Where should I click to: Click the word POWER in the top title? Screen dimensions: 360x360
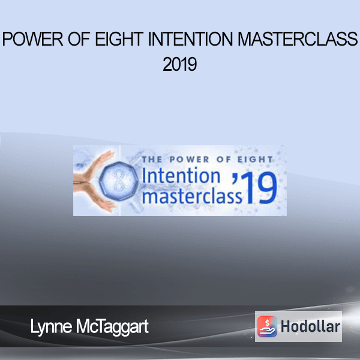32,39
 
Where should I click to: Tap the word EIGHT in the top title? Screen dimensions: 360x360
119,39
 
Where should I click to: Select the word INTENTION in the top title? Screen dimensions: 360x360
191,39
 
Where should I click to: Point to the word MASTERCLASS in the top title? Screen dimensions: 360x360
298,39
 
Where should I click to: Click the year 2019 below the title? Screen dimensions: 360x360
180,64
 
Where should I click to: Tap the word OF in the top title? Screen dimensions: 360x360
79,39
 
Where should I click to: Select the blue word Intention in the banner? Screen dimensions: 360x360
181,176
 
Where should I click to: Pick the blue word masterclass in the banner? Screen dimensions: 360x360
192,196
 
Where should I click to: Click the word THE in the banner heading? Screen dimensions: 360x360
152,160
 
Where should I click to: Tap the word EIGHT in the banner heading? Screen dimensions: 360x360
255,160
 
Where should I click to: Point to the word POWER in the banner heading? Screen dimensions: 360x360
190,160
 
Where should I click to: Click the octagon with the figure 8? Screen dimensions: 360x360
119,181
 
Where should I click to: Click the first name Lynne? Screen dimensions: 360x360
51,327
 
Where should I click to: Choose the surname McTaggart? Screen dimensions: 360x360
112,327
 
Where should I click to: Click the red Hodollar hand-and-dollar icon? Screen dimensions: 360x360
267,326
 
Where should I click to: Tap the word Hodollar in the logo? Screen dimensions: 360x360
310,326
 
